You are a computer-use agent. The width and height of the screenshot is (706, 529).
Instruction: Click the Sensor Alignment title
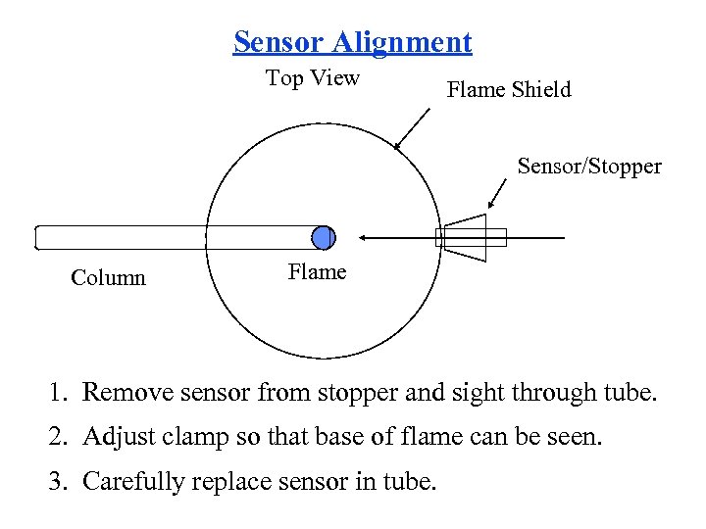coord(352,42)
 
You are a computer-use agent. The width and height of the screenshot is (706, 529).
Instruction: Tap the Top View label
coord(313,78)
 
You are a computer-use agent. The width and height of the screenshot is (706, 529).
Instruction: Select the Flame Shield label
coord(508,90)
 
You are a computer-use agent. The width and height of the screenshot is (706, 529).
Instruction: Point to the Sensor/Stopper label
coord(589,166)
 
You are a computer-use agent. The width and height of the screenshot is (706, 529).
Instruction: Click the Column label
coord(108,278)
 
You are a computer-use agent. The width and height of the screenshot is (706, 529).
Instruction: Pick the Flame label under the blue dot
coord(317,272)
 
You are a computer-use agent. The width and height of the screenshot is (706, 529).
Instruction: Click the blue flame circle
coord(323,237)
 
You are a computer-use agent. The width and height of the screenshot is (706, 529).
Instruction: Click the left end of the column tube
coord(37,237)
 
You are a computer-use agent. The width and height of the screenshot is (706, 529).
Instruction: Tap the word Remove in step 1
coord(124,394)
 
